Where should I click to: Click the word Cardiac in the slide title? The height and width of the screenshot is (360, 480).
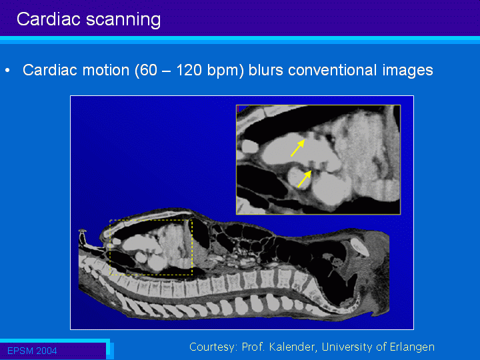[49, 19]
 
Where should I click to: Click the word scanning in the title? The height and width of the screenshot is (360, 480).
[123, 21]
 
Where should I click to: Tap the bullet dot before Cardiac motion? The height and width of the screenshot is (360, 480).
[7, 71]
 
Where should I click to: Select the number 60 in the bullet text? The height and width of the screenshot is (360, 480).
[149, 70]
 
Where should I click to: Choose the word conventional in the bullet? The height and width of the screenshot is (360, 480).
[332, 70]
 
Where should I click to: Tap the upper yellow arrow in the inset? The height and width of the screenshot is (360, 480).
[297, 148]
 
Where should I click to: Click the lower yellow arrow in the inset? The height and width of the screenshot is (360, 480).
[304, 179]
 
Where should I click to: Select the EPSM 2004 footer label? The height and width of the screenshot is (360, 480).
[32, 351]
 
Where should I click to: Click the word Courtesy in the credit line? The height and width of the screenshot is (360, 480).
[213, 347]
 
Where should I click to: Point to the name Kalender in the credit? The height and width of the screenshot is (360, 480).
[293, 347]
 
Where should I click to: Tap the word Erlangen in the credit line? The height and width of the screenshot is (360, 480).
[412, 347]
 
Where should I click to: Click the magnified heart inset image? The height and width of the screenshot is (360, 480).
[319, 159]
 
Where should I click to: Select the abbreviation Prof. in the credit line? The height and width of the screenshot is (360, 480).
[253, 347]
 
